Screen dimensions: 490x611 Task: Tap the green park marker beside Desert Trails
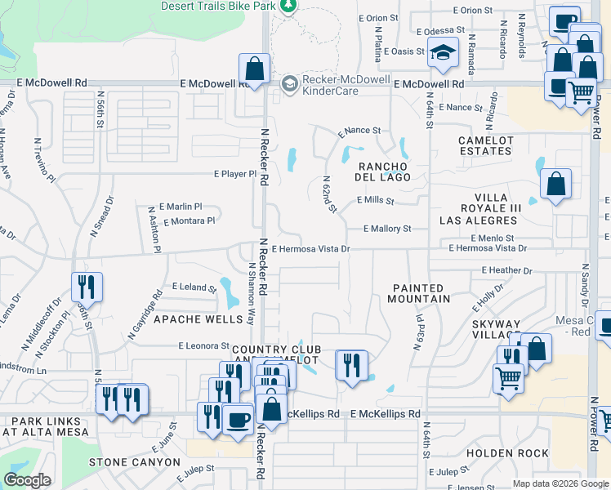[288, 6]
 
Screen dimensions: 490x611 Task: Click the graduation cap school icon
[442, 55]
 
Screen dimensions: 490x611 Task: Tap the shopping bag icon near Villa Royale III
[555, 185]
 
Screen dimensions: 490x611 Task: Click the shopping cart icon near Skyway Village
[508, 377]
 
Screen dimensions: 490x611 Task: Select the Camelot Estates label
[485, 145]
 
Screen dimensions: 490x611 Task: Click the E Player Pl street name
[235, 174]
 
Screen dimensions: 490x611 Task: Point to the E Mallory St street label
[387, 229]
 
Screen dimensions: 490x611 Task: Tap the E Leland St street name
[194, 287]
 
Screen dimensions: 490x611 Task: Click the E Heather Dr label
[506, 270]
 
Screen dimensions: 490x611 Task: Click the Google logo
[28, 480]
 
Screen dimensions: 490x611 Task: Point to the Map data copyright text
[560, 483]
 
